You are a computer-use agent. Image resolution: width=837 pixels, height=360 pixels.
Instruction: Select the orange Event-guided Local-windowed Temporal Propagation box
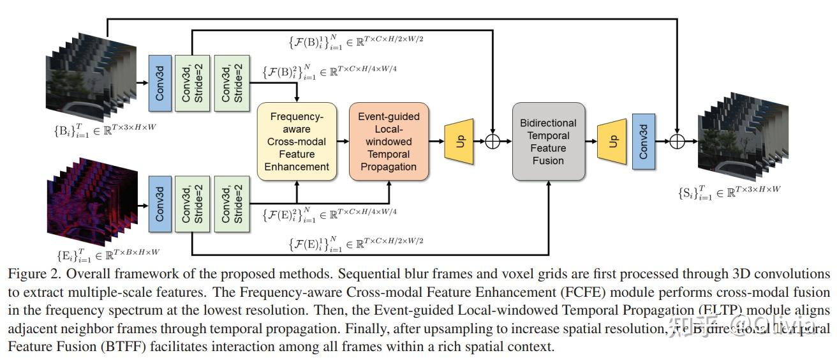389,142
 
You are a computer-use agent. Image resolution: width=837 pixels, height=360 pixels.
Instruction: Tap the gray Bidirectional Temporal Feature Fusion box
548,142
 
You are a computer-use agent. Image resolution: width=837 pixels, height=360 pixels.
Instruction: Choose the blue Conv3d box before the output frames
643,142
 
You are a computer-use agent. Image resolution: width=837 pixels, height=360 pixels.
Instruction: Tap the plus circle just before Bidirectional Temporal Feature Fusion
493,142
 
